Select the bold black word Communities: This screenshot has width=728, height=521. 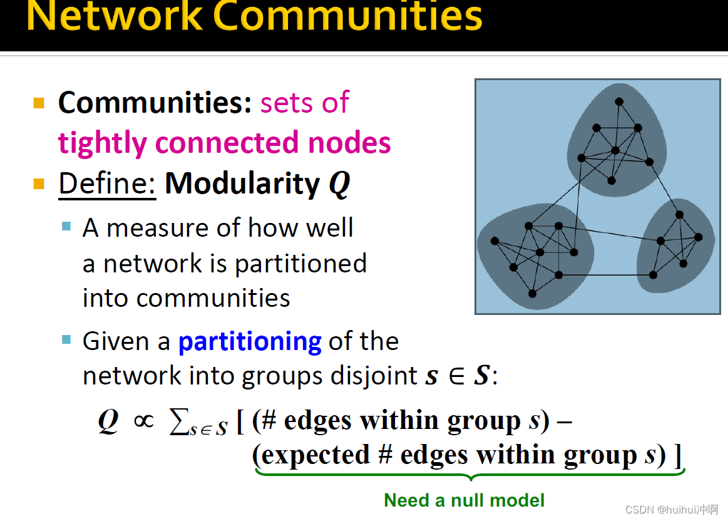coord(155,102)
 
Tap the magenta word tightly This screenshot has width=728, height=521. coord(102,143)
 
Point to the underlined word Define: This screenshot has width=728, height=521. coord(107,184)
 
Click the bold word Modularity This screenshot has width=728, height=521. coord(242,184)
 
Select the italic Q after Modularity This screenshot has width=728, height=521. coord(339,185)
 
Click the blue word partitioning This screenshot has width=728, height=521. coord(250,343)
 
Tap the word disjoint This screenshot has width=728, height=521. coord(374,376)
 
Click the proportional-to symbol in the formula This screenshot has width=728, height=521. coord(143,421)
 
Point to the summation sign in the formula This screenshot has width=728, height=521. coord(179,421)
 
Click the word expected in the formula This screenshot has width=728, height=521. coord(315,455)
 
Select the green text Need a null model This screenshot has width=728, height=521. coord(464,500)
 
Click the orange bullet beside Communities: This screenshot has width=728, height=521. coord(39,103)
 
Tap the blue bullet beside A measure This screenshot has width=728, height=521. coord(66,226)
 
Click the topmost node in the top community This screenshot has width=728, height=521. coord(619,101)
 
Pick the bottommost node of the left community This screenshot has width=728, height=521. coord(533,294)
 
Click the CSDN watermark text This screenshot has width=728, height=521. coord(672,510)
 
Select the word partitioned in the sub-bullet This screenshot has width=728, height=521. coord(300,264)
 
